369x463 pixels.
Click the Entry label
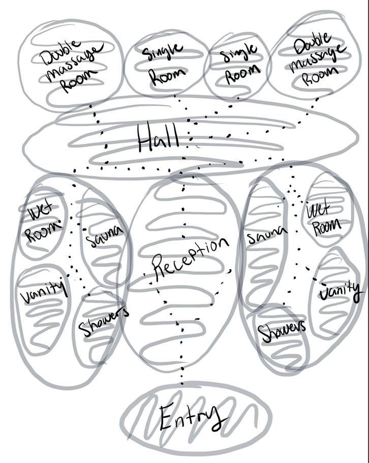tap(192, 418)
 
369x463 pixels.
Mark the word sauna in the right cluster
tap(266, 235)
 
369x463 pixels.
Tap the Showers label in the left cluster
tap(104, 322)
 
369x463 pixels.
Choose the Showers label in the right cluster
tap(283, 329)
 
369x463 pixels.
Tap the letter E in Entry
tap(167, 418)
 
